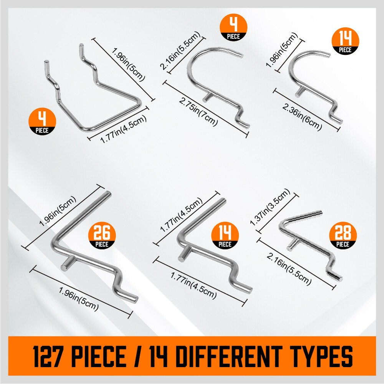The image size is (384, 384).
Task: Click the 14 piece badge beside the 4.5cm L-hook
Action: (x=225, y=236)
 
